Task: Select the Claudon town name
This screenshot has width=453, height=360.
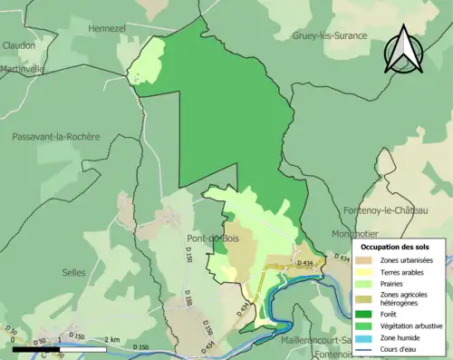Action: (x=19, y=44)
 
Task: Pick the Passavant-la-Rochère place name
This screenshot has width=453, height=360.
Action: (x=56, y=136)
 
